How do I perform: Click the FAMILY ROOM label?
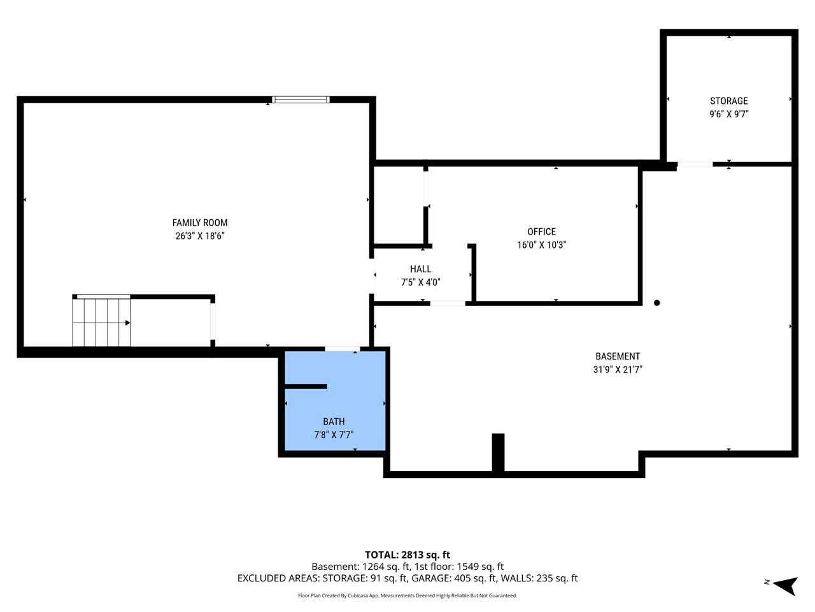[x=200, y=222]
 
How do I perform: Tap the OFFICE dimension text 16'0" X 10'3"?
[x=541, y=245]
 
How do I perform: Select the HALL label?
[x=421, y=269]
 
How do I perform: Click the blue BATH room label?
[x=334, y=421]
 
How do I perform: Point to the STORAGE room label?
[x=729, y=101]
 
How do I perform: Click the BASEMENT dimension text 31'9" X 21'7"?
[x=618, y=369]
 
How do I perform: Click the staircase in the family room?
[x=101, y=322]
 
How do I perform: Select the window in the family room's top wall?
[x=301, y=99]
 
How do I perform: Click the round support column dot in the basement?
[x=657, y=303]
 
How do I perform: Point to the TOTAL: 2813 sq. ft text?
[x=407, y=555]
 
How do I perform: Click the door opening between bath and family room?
[x=343, y=349]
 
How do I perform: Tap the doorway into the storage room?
[x=695, y=164]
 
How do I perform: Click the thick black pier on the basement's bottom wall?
[x=499, y=453]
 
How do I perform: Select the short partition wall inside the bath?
[x=306, y=386]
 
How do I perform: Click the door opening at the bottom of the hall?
[x=448, y=303]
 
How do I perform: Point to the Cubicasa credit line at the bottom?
[x=407, y=595]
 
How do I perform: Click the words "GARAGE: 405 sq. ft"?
[x=454, y=578]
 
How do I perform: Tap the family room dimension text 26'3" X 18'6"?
[x=200, y=236]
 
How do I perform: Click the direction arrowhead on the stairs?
[x=128, y=323]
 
